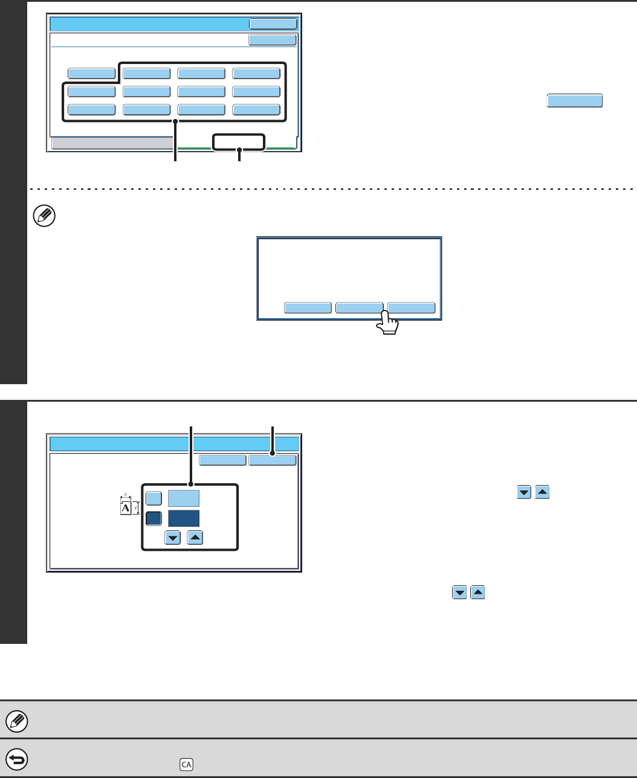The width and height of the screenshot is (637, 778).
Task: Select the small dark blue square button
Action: [154, 519]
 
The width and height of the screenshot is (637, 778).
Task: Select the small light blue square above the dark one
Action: [154, 498]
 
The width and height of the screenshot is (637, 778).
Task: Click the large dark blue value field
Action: [184, 519]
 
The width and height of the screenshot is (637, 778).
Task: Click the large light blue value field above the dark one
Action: [184, 498]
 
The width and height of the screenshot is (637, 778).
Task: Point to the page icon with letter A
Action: [126, 508]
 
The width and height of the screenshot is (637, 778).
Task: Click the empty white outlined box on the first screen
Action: [239, 142]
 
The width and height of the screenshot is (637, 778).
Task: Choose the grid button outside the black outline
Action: [91, 74]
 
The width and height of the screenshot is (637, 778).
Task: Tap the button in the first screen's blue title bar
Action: [273, 24]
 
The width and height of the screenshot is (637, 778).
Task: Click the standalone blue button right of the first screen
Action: [575, 101]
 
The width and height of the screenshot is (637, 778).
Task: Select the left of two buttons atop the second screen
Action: [223, 460]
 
